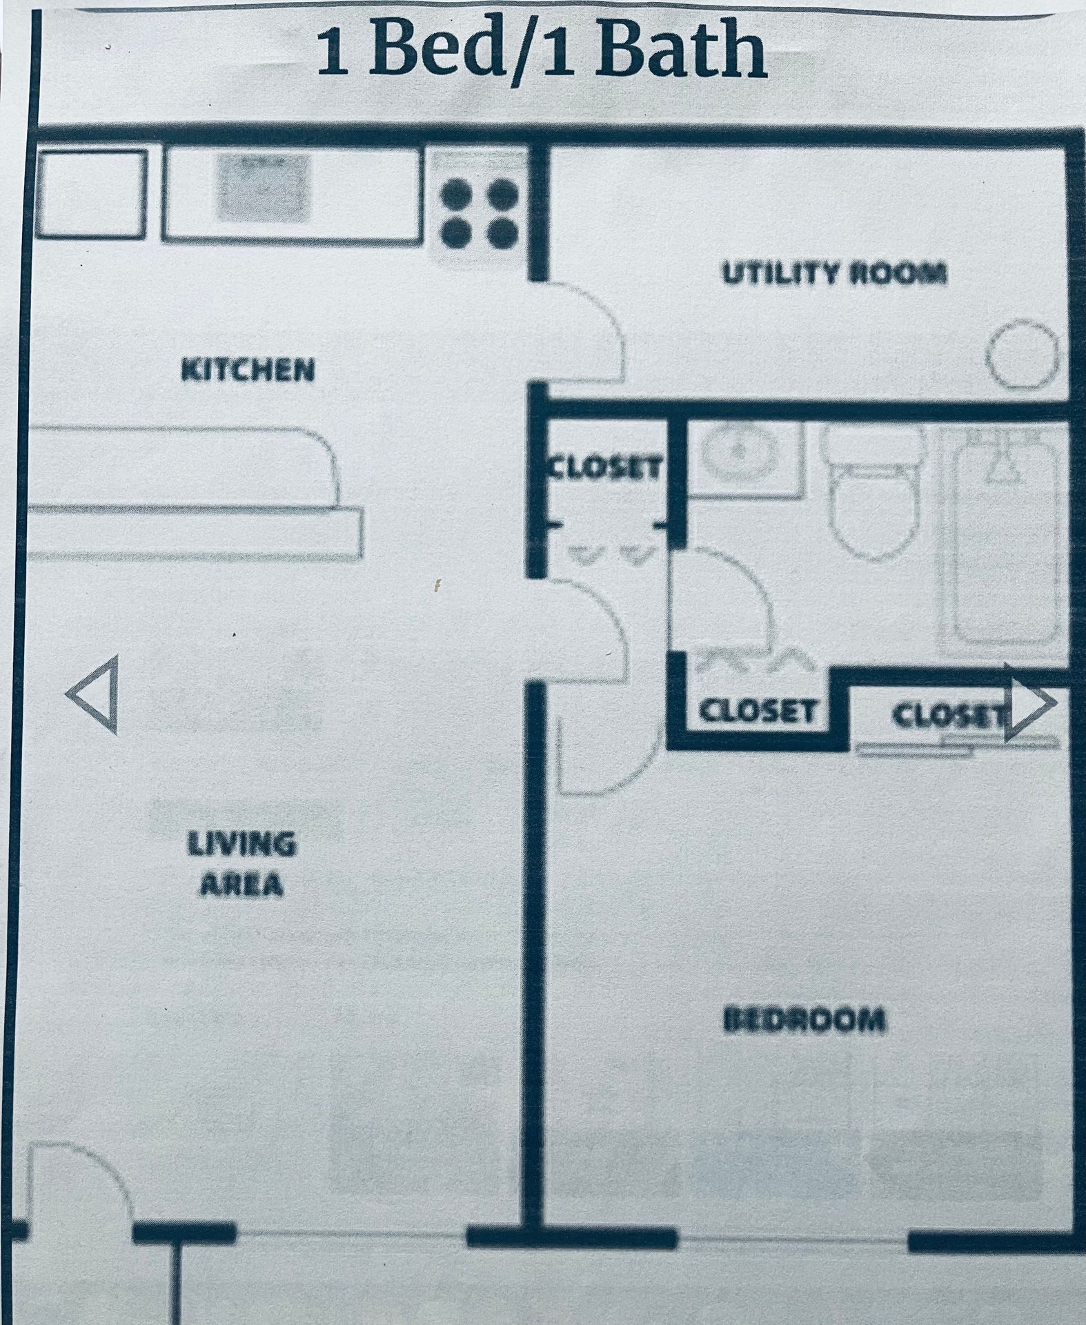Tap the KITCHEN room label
tap(247, 371)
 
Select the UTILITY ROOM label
tap(833, 274)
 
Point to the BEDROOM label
tap(804, 1020)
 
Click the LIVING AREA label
tap(241, 864)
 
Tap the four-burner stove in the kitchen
tap(480, 212)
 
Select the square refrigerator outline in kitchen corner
tap(91, 193)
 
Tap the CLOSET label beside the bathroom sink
tap(604, 469)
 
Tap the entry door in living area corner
tap(76, 1187)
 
